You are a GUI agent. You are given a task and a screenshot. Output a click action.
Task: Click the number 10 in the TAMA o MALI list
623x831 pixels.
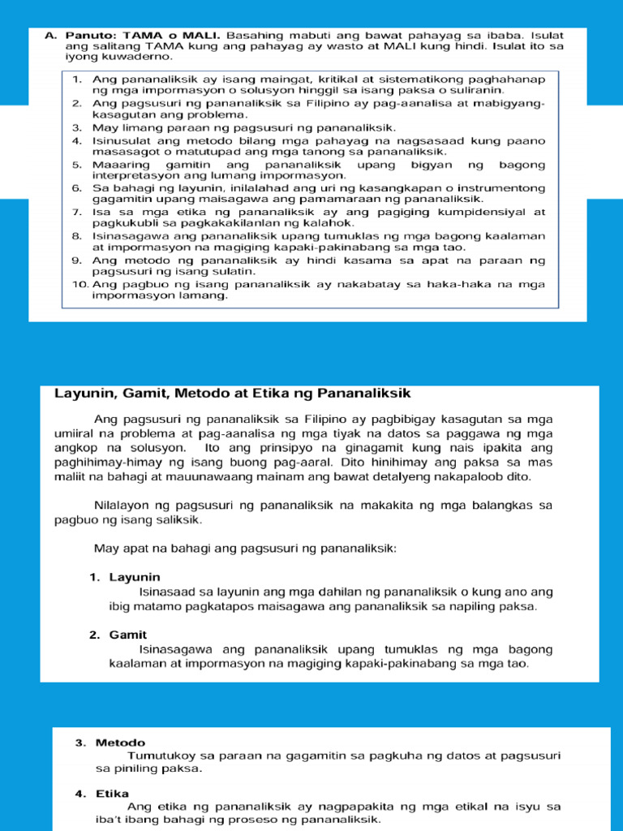(79, 284)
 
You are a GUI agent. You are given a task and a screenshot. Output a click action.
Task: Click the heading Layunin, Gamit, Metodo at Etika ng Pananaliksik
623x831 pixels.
(233, 394)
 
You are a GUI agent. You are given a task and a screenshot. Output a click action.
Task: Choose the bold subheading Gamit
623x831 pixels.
(128, 635)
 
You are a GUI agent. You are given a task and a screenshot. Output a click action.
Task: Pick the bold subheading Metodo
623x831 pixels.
(120, 743)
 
